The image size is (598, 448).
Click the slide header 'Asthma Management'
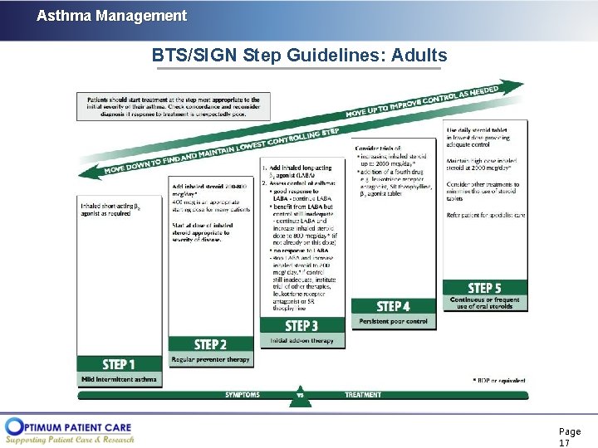pyautogui.click(x=111, y=16)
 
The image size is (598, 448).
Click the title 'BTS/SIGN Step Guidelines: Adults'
pyautogui.click(x=299, y=56)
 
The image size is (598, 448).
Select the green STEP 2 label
pyautogui.click(x=210, y=344)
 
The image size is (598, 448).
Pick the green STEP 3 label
pyautogui.click(x=302, y=326)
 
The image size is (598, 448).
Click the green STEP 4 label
pyautogui.click(x=394, y=306)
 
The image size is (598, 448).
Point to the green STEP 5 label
pyautogui.click(x=485, y=288)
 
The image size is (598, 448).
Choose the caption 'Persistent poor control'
pyautogui.click(x=394, y=321)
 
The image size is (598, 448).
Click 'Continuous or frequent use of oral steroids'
pyautogui.click(x=485, y=304)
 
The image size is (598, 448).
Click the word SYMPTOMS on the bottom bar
pyautogui.click(x=243, y=395)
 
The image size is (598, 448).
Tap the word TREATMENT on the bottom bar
pyautogui.click(x=363, y=395)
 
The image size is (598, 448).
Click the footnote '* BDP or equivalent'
pyautogui.click(x=499, y=381)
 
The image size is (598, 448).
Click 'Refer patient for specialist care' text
pyautogui.click(x=486, y=215)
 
